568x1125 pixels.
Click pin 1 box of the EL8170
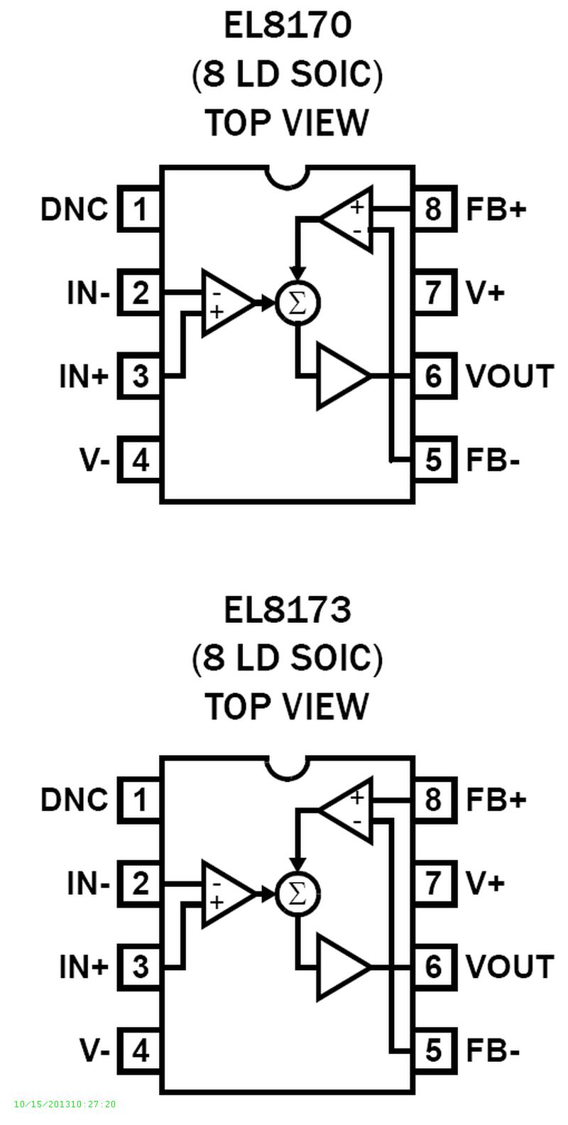pos(140,210)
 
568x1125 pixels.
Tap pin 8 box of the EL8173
pos(433,800)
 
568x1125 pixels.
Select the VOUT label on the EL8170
pos(509,376)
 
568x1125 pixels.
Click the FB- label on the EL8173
pos(493,1050)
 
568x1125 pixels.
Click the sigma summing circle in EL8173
pos(298,893)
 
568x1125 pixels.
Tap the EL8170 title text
pos(288,26)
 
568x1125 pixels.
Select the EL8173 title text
pos(288,610)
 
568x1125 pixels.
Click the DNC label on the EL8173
pos(75,800)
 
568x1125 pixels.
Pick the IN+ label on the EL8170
pos(84,376)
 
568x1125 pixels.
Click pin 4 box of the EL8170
pos(140,460)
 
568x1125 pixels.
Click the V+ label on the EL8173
pos(485,883)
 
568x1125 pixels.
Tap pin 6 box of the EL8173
pos(433,967)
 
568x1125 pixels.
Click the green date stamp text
pos(65,1104)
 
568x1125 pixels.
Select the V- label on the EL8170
pos(94,460)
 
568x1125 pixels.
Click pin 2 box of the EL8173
pos(140,884)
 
